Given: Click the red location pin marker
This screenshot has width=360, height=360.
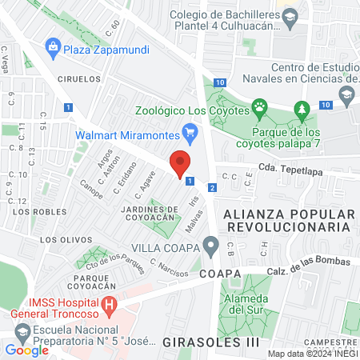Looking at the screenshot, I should click(x=181, y=162).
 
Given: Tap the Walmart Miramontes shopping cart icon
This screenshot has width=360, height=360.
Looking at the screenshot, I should click(x=190, y=132).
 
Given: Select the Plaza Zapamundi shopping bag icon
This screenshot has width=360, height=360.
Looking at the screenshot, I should click(x=54, y=46).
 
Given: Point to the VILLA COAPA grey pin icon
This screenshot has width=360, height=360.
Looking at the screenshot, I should click(x=210, y=244).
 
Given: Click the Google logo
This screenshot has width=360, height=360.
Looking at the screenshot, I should click(x=26, y=350).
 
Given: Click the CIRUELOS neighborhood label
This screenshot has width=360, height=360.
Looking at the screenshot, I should click(x=79, y=79).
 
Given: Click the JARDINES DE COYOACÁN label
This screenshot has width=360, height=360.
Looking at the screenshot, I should click(x=147, y=215).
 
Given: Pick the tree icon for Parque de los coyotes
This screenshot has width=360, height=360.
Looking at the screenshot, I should click(x=301, y=108).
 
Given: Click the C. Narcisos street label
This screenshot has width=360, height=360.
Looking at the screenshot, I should click(x=166, y=266).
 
